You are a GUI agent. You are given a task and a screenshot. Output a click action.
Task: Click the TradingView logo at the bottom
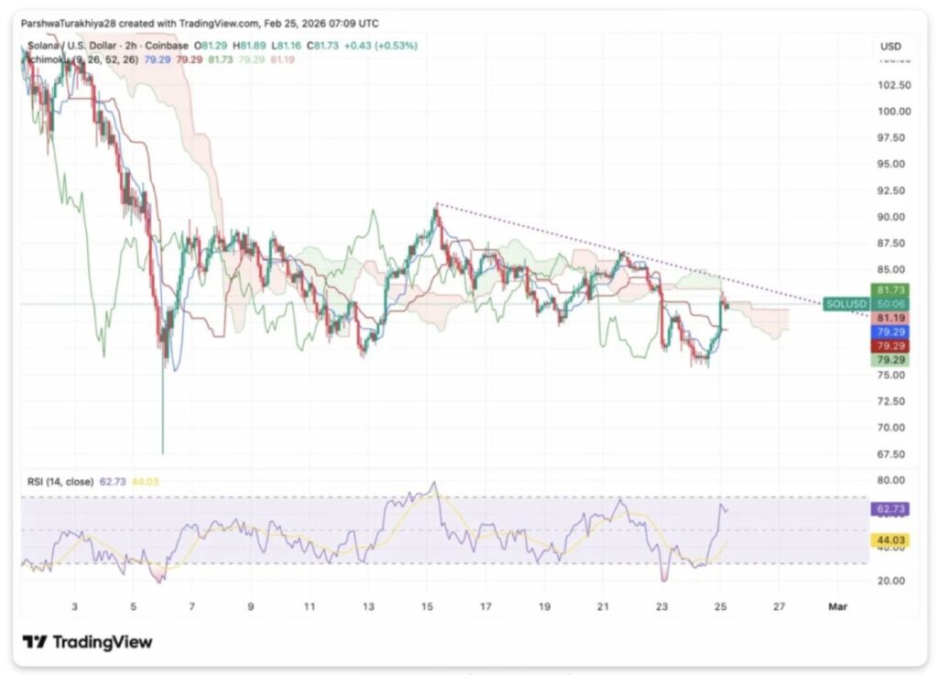88,642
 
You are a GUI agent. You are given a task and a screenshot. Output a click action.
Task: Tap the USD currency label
890,46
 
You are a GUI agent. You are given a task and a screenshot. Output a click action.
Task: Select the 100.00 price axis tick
894,112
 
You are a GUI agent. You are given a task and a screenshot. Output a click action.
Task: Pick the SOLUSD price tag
844,303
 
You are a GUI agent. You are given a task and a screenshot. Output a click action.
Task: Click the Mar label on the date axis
837,606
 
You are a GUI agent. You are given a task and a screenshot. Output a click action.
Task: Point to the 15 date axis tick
427,606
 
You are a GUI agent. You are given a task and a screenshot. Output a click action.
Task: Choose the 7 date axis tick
191,606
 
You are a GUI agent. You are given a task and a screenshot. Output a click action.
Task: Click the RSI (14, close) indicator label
58,481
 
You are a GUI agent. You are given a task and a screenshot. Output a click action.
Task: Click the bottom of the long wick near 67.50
163,452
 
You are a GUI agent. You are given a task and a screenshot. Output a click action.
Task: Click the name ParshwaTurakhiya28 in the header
67,23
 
